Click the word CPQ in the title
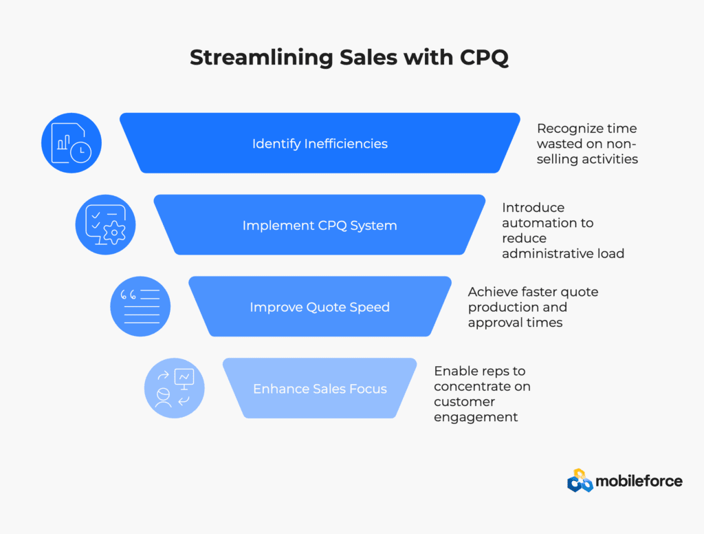[484, 58]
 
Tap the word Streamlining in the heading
[261, 58]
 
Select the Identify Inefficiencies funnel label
[320, 143]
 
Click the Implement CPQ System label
[320, 225]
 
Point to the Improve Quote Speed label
[320, 307]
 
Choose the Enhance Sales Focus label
[320, 389]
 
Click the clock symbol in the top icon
[81, 151]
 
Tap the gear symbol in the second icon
[115, 233]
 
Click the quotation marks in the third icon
[128, 295]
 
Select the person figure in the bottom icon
[163, 397]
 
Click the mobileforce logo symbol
[580, 480]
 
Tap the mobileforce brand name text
[639, 482]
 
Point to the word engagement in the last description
[476, 417]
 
